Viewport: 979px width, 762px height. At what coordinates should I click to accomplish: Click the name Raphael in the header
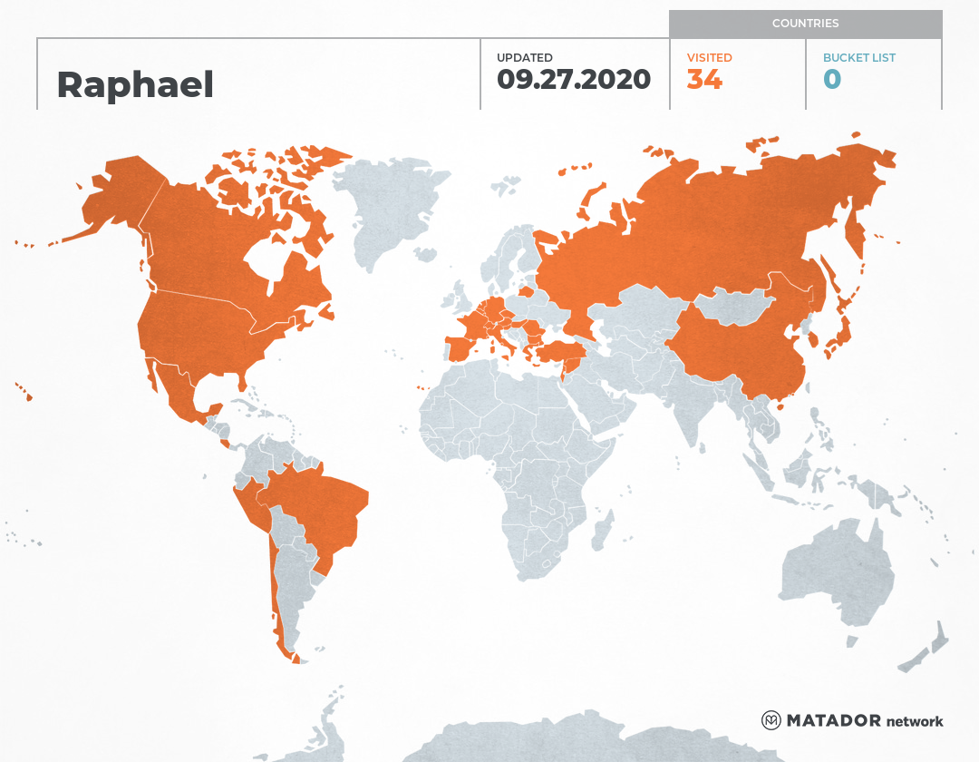135,84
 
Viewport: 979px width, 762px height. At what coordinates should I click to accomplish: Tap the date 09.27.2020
573,80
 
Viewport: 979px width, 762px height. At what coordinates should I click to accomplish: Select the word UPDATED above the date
524,58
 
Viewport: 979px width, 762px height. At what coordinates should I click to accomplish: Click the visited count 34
704,80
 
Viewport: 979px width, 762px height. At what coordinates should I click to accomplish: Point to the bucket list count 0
832,80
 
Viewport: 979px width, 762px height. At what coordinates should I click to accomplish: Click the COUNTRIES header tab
805,24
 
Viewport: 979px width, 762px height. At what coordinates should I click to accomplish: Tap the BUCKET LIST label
858,58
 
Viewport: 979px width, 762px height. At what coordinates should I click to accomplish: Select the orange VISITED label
709,58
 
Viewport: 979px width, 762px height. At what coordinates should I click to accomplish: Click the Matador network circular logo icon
771,721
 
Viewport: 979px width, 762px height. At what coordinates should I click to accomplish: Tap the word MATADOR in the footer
834,721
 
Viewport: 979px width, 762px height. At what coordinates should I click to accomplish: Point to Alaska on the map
118,200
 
